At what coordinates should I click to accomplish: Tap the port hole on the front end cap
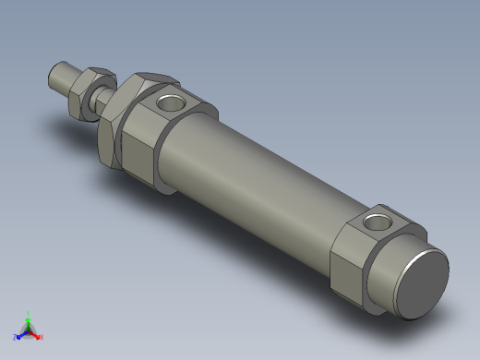[x=170, y=102]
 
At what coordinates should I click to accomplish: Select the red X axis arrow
[x=37, y=335]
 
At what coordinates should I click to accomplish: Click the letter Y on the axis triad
[x=29, y=313]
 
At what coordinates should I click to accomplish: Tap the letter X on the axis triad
[x=42, y=338]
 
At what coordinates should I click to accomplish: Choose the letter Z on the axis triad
[x=16, y=338]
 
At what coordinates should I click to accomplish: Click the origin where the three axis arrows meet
[x=29, y=330]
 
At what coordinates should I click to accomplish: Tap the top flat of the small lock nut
[x=96, y=73]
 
